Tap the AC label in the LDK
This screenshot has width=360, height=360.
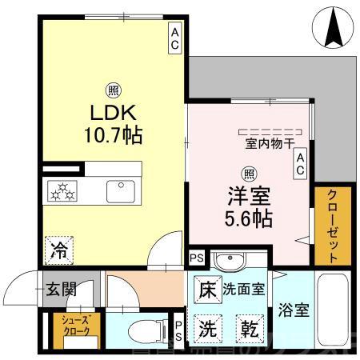174,38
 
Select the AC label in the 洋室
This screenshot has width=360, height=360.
302,164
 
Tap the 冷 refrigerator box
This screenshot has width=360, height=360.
60,248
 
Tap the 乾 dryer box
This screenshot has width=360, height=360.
248,329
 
